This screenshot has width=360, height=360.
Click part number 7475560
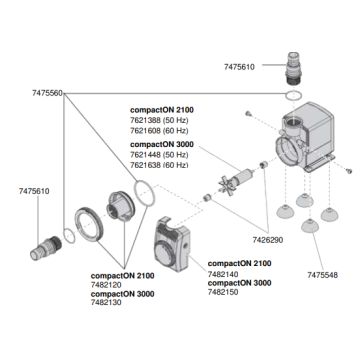point(47,93)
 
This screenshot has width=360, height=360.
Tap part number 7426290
point(268,240)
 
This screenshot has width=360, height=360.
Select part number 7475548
point(322,275)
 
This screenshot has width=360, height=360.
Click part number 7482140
point(223,274)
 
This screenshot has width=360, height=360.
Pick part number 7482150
point(223,292)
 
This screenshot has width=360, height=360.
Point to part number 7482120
point(106,285)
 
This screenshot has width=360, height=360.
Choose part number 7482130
point(106,302)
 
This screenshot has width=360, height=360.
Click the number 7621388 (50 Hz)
point(159,120)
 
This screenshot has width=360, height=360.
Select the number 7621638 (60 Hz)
point(159,165)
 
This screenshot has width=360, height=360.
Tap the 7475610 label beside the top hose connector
point(239,67)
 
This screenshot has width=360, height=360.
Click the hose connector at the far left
point(45,247)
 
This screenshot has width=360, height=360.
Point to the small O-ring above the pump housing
point(294,95)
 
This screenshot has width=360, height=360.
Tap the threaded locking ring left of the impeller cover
point(89,224)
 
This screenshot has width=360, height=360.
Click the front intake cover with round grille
point(173,244)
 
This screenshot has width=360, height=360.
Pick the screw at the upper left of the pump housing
point(248,114)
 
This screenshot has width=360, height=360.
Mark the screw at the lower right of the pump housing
point(349,171)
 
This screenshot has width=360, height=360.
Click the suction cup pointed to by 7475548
point(310,226)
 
